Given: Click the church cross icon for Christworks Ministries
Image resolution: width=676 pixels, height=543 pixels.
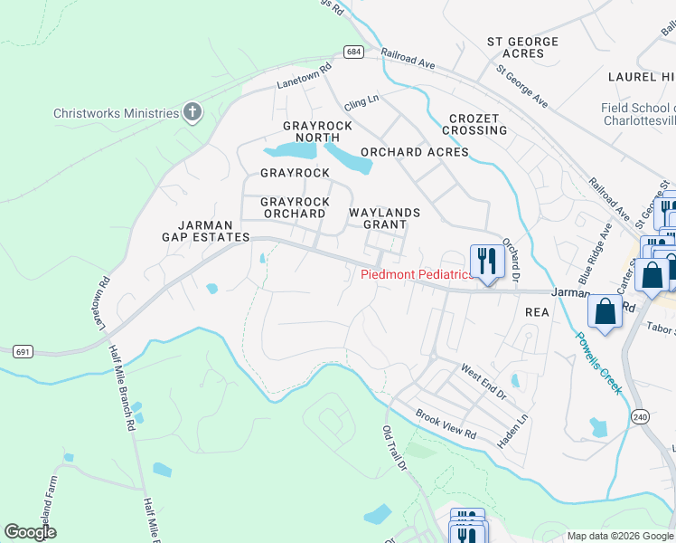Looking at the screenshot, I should [192, 112].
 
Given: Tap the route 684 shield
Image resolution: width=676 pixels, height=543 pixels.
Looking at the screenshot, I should [354, 52].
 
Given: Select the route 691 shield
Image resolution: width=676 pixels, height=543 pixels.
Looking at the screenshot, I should [24, 350].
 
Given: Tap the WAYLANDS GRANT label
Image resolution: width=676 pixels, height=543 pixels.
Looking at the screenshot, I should [385, 218].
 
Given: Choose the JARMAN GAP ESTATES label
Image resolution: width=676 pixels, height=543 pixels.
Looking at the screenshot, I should [205, 231].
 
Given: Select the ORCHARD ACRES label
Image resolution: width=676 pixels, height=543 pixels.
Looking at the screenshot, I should [414, 152].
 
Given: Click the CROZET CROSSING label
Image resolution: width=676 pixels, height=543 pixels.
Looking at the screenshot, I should [474, 125].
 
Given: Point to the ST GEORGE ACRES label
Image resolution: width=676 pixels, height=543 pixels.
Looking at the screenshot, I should [522, 47].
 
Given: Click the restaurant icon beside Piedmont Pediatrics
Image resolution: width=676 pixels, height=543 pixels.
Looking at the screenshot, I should [487, 262].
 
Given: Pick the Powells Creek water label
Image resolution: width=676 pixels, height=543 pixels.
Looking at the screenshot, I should [598, 361].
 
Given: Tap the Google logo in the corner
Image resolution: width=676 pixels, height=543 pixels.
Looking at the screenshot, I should [30, 531].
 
